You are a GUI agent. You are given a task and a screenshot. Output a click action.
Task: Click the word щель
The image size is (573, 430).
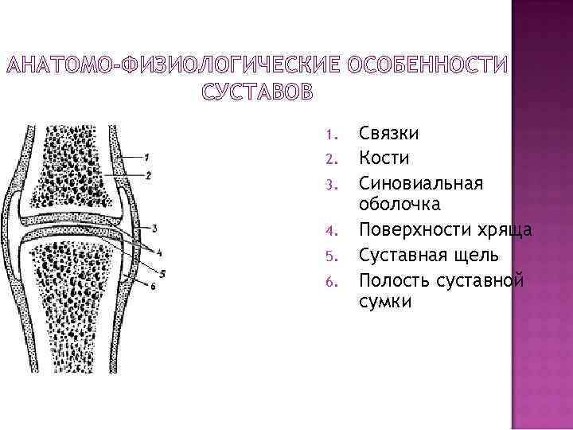pyautogui.click(x=480, y=256)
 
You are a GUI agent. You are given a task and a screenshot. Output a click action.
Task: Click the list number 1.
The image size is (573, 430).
pyautogui.click(x=333, y=133)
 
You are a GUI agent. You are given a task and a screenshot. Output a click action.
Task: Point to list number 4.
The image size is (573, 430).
pyautogui.click(x=333, y=232)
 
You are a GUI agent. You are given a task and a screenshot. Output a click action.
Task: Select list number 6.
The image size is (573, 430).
pyautogui.click(x=333, y=281)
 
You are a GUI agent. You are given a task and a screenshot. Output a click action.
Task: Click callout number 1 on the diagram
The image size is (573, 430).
pyautogui.click(x=148, y=155)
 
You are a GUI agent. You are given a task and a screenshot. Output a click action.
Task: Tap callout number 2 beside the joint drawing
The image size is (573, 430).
pyautogui.click(x=149, y=174)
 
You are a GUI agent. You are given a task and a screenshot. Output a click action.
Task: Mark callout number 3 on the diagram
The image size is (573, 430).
pyautogui.click(x=153, y=229)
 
